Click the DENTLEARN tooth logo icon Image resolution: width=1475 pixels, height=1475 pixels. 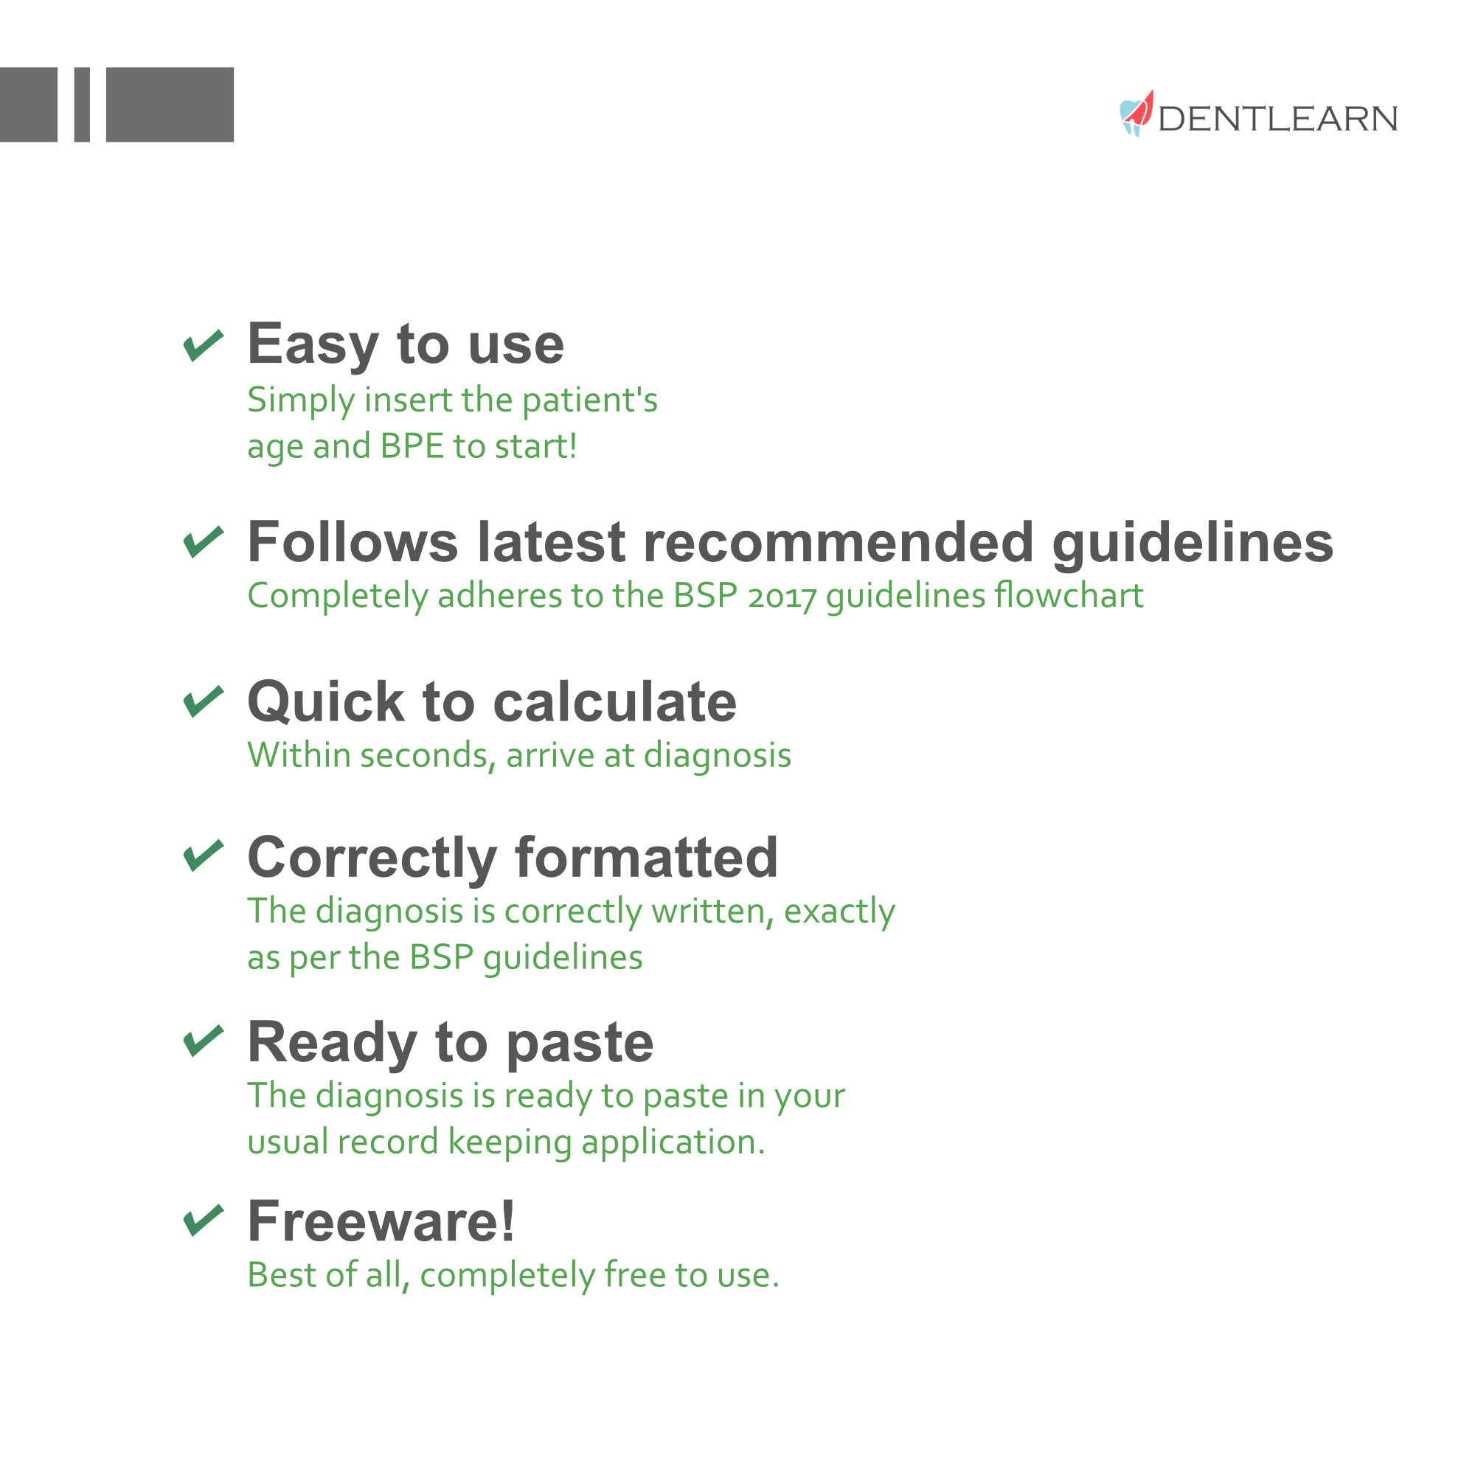(1135, 114)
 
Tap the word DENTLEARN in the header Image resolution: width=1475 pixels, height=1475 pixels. (1277, 119)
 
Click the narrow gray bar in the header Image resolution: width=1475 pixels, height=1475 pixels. (82, 105)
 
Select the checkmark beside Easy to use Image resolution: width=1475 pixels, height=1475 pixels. (204, 346)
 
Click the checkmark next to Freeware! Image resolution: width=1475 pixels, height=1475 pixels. (204, 1220)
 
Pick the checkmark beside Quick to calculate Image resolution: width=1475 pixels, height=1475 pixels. (204, 701)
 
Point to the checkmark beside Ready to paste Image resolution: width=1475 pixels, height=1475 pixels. (204, 1041)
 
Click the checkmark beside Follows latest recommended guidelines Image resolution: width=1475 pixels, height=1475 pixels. (204, 542)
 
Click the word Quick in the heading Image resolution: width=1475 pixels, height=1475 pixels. (326, 701)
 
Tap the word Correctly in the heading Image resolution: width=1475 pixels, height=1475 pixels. (372, 859)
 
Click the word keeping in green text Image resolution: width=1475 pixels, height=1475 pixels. (509, 1143)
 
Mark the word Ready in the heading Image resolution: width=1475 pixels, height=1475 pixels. (333, 1043)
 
